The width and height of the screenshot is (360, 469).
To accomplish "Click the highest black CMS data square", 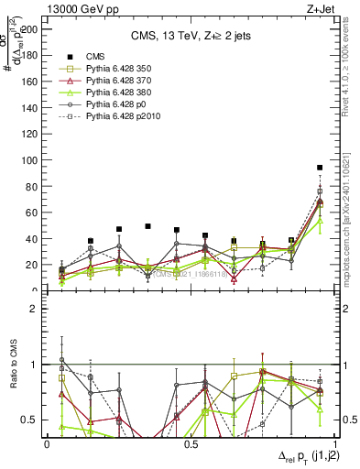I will (320, 168).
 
